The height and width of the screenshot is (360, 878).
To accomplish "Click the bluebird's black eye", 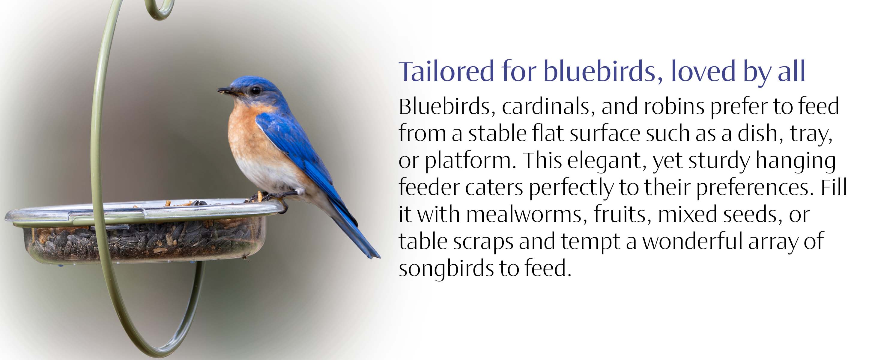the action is (x=255, y=90).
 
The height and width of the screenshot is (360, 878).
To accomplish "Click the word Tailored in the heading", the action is (x=446, y=72).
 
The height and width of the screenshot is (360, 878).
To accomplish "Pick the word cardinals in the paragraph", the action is (x=546, y=106).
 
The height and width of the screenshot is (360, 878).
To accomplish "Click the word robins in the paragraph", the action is (x=674, y=106).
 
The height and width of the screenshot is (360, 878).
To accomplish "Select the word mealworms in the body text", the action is (x=527, y=214).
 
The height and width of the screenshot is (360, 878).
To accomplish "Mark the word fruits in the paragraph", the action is (x=619, y=214).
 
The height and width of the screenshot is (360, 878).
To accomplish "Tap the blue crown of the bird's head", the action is (x=252, y=81).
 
